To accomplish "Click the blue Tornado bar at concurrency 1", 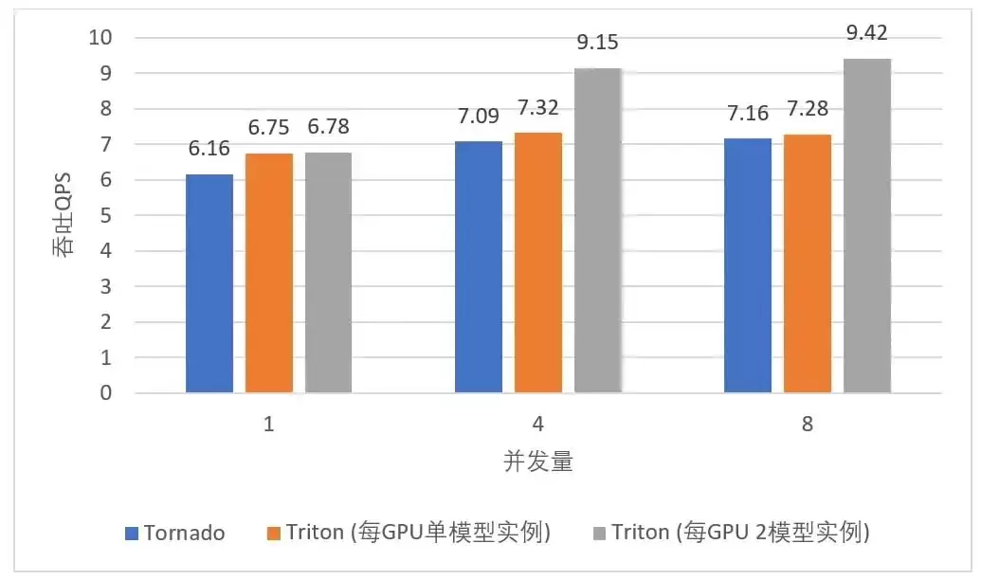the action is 209,283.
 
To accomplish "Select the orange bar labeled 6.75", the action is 269,273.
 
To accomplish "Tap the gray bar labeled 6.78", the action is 329,273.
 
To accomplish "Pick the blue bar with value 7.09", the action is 479,267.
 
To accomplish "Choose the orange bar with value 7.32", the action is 538,263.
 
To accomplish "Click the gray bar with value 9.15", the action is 598,230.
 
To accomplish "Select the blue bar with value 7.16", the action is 748,265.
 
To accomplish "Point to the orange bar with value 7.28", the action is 808,263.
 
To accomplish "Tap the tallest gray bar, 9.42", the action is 867,226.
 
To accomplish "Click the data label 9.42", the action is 866,32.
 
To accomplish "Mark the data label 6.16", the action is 209,148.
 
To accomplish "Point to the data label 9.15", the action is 597,42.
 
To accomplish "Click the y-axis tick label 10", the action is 100,38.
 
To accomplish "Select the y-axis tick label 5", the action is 106,215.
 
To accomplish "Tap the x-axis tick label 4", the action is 538,425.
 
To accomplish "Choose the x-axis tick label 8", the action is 807,425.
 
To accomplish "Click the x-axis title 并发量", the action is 538,462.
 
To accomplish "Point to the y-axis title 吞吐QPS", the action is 62,214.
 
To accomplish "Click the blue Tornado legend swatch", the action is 132,533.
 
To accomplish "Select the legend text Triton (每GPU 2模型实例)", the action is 741,533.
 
